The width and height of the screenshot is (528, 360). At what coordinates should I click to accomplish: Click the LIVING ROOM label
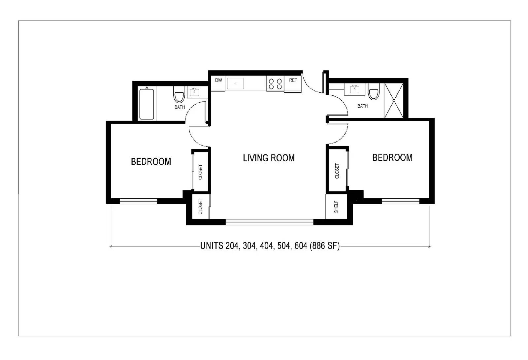point(269,158)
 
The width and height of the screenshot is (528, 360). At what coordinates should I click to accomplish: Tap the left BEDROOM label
point(151,161)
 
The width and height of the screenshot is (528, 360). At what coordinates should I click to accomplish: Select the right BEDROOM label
point(392,157)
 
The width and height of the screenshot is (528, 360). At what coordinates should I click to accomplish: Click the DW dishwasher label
point(218,80)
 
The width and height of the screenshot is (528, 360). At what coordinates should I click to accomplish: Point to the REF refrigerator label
point(293,80)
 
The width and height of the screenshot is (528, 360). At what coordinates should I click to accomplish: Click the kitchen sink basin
point(235,83)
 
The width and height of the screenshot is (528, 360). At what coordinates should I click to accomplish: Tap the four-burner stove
point(275,83)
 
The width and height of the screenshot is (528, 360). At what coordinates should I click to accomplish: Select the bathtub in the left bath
point(146,104)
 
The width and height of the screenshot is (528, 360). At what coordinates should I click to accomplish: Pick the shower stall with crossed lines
point(394,100)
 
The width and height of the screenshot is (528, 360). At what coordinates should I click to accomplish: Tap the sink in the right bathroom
point(355,89)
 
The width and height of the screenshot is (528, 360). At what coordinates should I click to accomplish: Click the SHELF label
point(336,207)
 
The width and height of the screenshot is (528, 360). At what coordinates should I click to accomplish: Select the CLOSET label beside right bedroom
point(337,171)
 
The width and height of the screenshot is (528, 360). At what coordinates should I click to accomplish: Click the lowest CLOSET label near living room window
point(200,207)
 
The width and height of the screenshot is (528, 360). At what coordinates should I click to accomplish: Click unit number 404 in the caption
point(266,246)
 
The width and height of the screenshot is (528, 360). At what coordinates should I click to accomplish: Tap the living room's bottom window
point(269,222)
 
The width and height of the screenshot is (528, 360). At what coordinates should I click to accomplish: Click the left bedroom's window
point(138,201)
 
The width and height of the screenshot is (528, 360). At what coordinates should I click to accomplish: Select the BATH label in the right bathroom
point(362,106)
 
